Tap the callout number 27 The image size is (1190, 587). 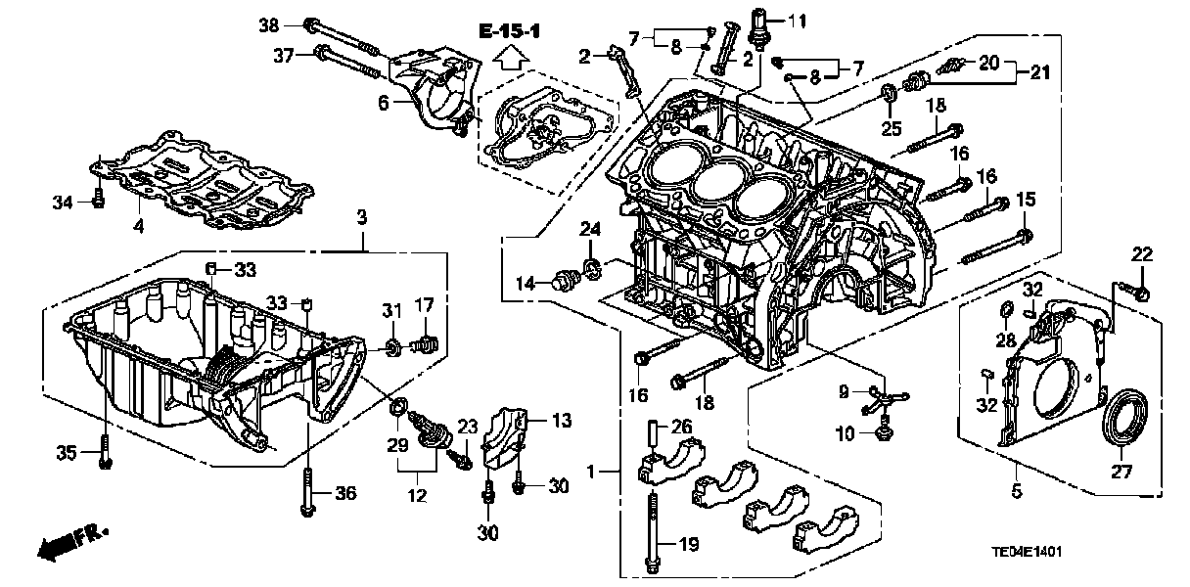coord(1121,473)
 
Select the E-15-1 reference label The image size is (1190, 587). coord(510,32)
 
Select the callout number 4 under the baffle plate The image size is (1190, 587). coord(139,226)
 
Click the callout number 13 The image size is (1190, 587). coord(560,421)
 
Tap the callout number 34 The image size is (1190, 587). coord(64,203)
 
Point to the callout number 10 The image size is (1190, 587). coord(844,432)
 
